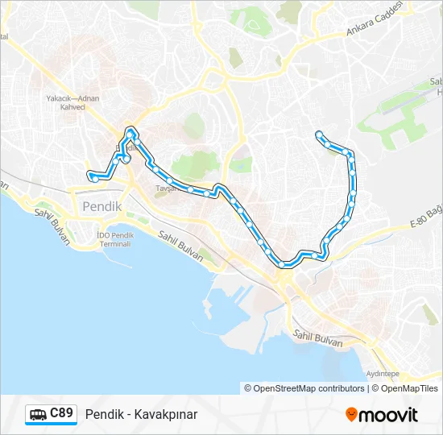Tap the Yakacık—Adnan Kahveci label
(72, 102)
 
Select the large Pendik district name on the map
(102, 206)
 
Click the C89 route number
(62, 413)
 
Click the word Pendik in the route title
(103, 415)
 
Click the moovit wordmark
(388, 415)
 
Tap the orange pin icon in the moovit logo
(351, 415)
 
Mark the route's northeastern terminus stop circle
(320, 134)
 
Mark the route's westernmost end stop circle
(90, 173)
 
